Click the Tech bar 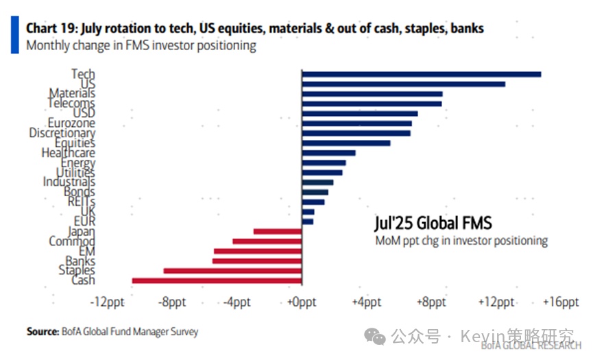coord(421,74)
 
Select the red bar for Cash coord(217,280)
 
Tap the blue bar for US coord(403,84)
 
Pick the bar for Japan coord(278,232)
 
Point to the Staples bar coord(232,271)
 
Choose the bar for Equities coord(346,143)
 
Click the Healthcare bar coord(328,153)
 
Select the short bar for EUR coord(307,221)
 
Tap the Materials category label coord(72,93)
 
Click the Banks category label coord(80,261)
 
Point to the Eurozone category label coord(71,123)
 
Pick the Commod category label coord(72,241)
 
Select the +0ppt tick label coord(301,302)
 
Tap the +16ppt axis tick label coord(561,302)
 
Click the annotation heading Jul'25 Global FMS coord(433,224)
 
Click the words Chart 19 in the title coord(53,29)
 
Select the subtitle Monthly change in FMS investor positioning coord(141,46)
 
